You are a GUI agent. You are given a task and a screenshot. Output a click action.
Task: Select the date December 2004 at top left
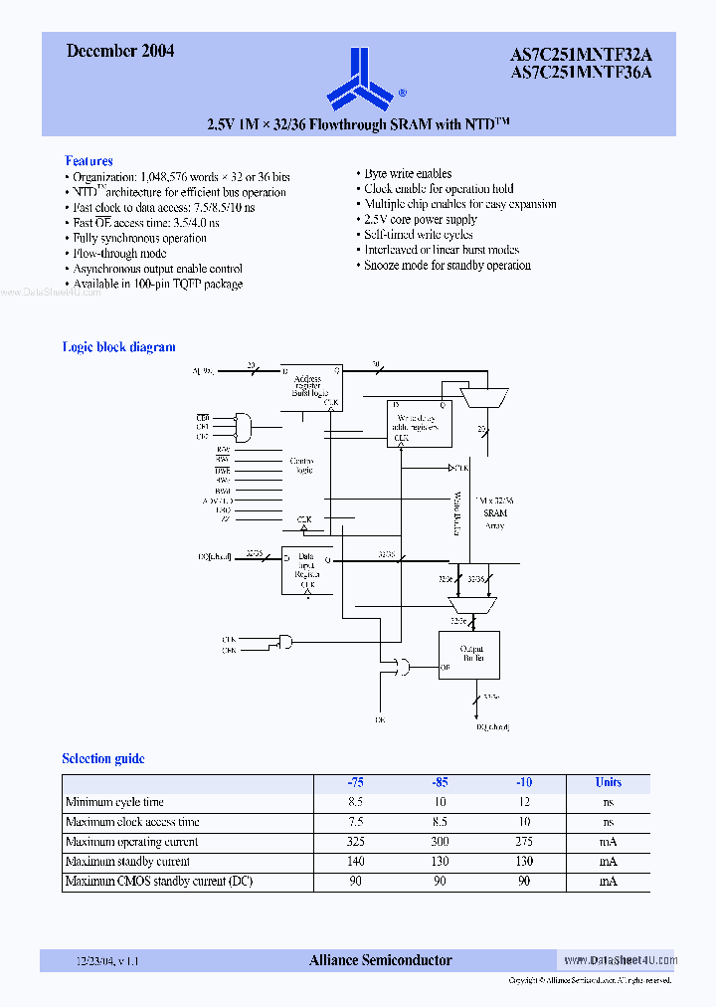[120, 51]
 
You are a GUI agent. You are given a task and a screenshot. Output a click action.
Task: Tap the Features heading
[89, 160]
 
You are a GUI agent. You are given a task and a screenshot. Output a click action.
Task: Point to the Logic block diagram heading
[119, 347]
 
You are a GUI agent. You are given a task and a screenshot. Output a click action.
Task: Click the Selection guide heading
[103, 758]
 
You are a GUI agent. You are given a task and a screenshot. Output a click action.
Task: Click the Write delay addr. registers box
[419, 423]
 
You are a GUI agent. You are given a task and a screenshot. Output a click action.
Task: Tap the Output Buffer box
[468, 654]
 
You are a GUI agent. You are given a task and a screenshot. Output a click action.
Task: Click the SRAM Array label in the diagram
[495, 513]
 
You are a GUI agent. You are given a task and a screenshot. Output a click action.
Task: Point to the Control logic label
[302, 466]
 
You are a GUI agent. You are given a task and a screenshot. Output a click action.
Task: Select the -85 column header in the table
[440, 782]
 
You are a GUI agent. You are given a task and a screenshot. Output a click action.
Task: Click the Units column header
[609, 782]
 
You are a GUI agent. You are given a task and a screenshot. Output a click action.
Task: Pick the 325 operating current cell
[356, 842]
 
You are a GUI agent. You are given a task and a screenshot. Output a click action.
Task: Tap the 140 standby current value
[356, 862]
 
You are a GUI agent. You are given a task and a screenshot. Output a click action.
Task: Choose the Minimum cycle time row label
[114, 802]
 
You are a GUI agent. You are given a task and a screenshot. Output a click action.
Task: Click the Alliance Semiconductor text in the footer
[381, 960]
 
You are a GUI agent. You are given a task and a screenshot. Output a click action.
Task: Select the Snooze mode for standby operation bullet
[447, 266]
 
